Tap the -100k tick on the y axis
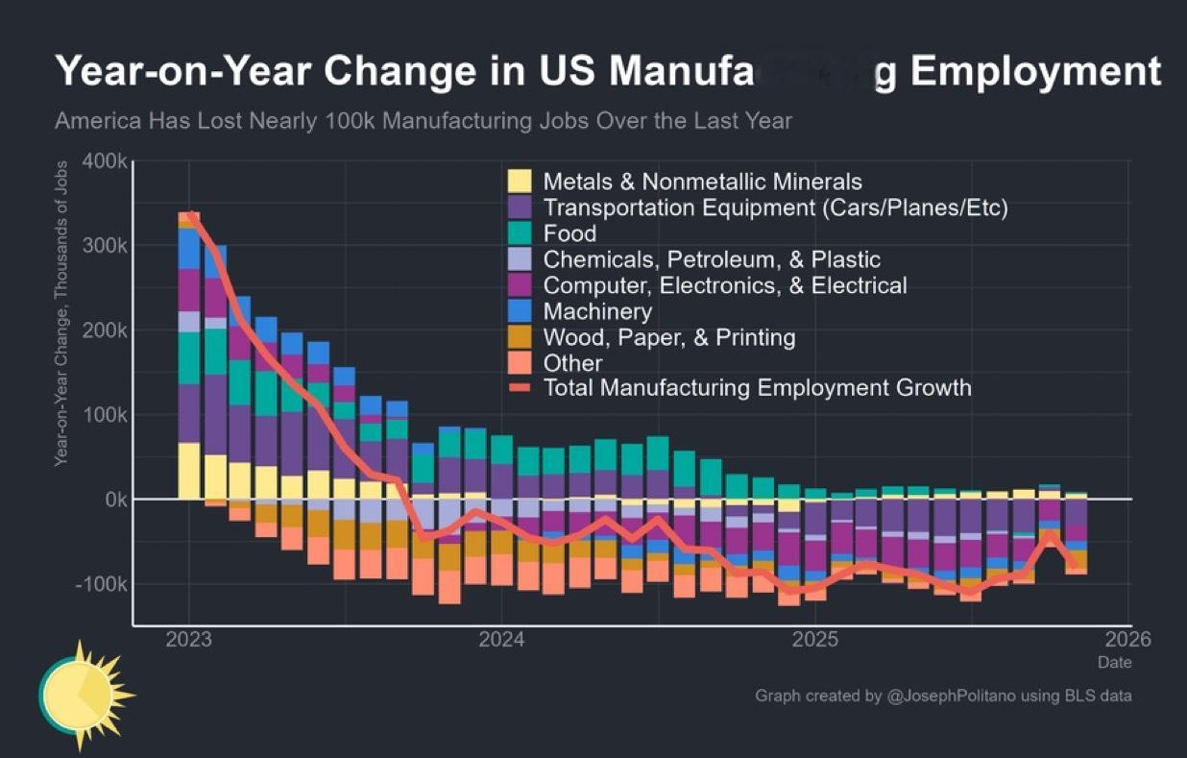99,584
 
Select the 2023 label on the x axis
188,640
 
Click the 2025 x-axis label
817,640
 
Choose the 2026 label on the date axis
1128,640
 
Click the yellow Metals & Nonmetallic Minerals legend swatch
520,182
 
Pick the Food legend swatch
520,233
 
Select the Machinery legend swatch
520,311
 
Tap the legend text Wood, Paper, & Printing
668,337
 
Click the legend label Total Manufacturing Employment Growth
757,388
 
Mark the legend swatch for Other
520,363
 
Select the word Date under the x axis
1115,662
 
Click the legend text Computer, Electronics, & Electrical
724,285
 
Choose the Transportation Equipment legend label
775,208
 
